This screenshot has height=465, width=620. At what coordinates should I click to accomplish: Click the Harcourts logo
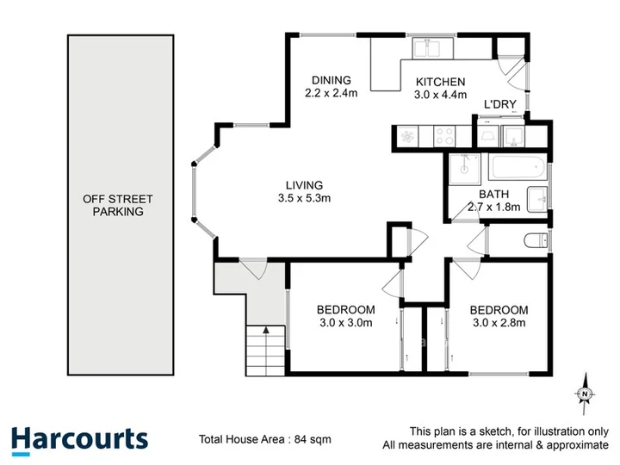tap(79, 440)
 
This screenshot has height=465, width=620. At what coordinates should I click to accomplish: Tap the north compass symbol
tap(585, 394)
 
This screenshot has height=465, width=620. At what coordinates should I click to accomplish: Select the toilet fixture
tap(536, 240)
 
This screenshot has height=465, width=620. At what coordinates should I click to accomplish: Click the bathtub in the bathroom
tap(518, 167)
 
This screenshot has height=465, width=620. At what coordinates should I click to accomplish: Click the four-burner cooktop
tap(444, 136)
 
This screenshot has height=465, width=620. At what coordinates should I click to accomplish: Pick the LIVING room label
tap(304, 185)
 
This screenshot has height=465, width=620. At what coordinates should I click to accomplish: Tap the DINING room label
tap(332, 80)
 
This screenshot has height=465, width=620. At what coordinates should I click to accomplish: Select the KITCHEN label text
tap(440, 82)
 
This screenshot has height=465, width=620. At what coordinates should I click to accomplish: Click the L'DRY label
tap(500, 104)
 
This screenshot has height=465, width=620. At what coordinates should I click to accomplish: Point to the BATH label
tap(494, 194)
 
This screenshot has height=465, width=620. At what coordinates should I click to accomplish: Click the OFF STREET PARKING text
tap(118, 205)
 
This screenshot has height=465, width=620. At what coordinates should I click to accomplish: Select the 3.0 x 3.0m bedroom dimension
tap(346, 323)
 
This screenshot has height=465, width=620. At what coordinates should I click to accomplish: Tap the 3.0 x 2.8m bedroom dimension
tap(499, 323)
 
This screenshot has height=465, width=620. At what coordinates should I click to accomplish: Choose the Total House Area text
tap(265, 439)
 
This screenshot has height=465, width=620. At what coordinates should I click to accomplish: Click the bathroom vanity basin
tap(537, 200)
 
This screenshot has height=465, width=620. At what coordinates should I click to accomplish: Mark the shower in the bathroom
tap(465, 169)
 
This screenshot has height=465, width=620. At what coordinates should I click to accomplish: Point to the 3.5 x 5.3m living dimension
tap(304, 198)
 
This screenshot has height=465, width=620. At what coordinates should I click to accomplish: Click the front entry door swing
tap(253, 269)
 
